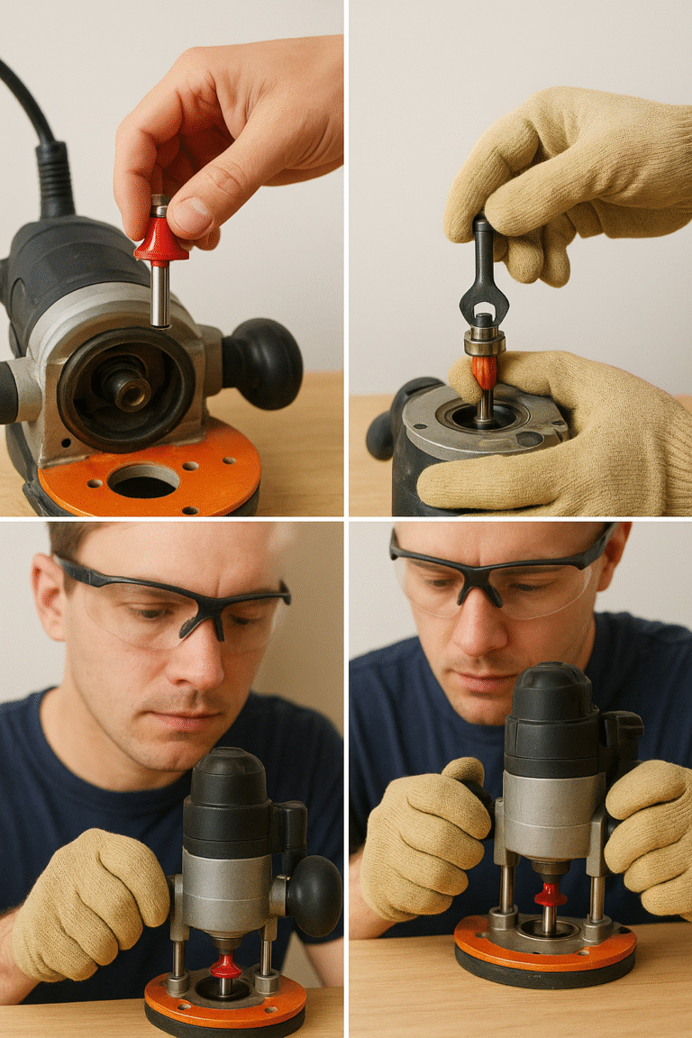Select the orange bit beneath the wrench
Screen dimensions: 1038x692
point(485,370)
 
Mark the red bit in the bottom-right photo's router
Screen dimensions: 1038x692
point(550,896)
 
